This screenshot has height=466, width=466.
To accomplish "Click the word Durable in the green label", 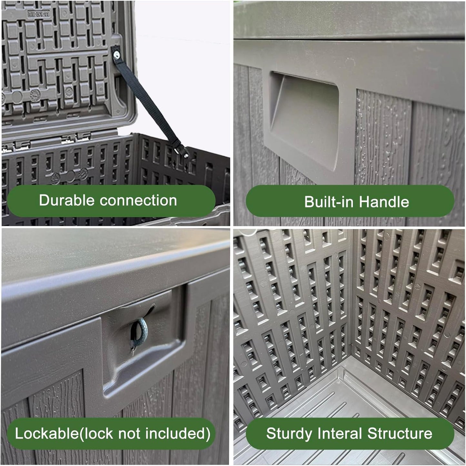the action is click(66, 200).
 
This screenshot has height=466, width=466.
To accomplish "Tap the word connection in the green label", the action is click(138, 201).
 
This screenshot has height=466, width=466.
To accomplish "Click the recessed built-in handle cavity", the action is click(304, 118).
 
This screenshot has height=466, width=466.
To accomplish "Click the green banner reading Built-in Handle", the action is click(350, 201).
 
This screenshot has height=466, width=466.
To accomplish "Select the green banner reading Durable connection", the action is click(111, 201).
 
